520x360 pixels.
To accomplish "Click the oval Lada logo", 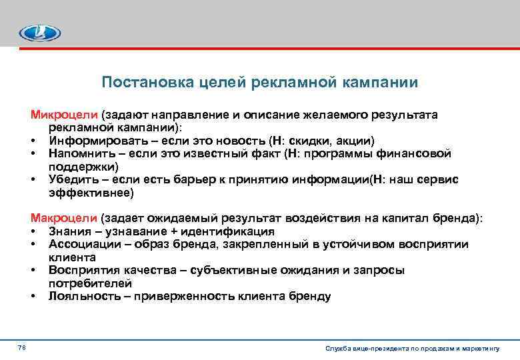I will [x=39, y=33].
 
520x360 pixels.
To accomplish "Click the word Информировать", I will [x=91, y=141].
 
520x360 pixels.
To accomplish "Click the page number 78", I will [x=22, y=349].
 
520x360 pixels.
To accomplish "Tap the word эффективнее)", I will [x=91, y=193].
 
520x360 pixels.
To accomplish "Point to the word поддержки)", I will [x=83, y=167].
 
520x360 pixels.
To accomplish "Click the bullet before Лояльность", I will [x=32, y=296].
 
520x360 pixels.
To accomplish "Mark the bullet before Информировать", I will [x=32, y=141].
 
